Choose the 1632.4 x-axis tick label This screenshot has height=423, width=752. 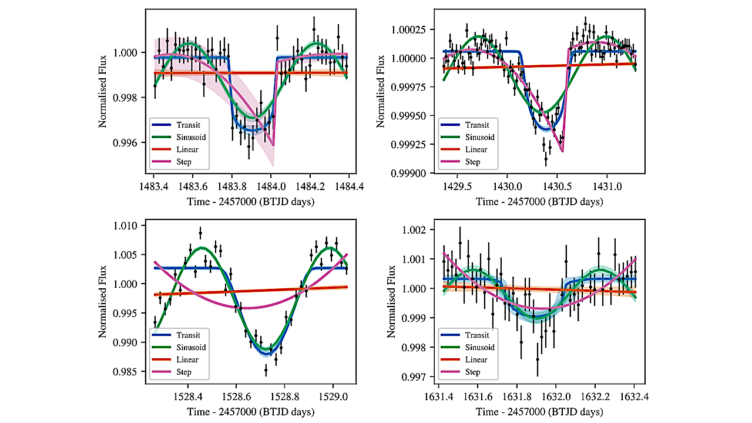click(634, 397)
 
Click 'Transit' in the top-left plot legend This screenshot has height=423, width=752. click(188, 125)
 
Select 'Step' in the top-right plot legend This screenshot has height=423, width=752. click(472, 162)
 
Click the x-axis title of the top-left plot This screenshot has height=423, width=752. click(250, 202)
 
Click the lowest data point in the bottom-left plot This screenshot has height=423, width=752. click(266, 371)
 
